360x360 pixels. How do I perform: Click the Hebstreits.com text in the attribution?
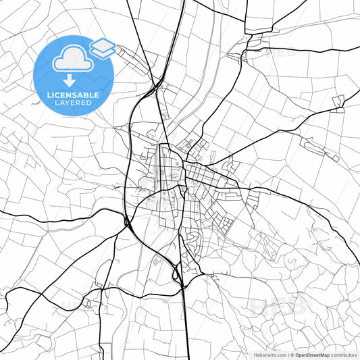pos(269,355)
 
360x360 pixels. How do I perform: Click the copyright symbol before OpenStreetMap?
pos(291,355)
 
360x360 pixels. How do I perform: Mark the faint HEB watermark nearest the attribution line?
pos(278,305)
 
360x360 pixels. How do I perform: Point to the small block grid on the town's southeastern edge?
pos(226,224)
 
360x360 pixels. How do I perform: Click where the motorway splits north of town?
pos(157,86)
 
